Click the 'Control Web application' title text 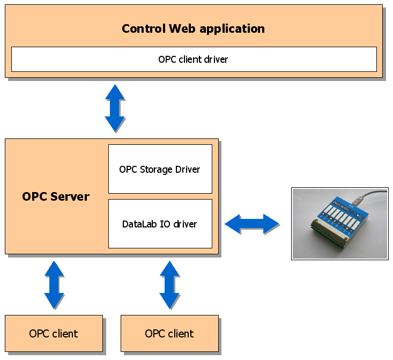193,28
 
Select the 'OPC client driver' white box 194,59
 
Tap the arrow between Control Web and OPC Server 115,108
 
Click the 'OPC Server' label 56,196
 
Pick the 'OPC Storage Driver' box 160,169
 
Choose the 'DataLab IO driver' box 160,224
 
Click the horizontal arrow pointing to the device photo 252,224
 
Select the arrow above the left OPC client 54,285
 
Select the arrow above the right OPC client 169,285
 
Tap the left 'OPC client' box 54,334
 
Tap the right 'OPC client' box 169,334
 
